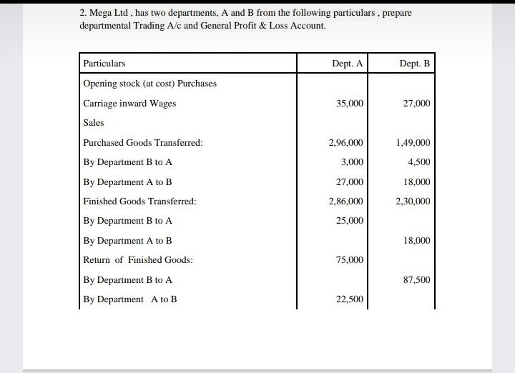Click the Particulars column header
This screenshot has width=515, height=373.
104,64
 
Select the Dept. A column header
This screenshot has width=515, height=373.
348,64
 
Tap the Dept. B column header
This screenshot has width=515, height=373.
415,64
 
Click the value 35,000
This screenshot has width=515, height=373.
350,104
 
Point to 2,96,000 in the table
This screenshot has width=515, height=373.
346,143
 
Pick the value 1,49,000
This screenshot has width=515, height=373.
413,143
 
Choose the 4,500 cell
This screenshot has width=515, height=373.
418,162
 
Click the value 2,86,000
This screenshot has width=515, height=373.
346,202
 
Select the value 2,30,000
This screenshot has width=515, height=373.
413,202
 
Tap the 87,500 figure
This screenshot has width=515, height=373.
416,280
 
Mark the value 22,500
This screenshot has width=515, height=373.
350,299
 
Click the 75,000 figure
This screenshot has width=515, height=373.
350,260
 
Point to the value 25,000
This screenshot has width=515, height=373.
350,221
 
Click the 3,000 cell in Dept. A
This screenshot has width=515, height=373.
352,162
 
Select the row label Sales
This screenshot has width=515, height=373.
94,123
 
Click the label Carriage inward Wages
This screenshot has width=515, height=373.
129,104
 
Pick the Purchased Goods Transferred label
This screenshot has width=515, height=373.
142,143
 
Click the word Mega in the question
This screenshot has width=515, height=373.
101,14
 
